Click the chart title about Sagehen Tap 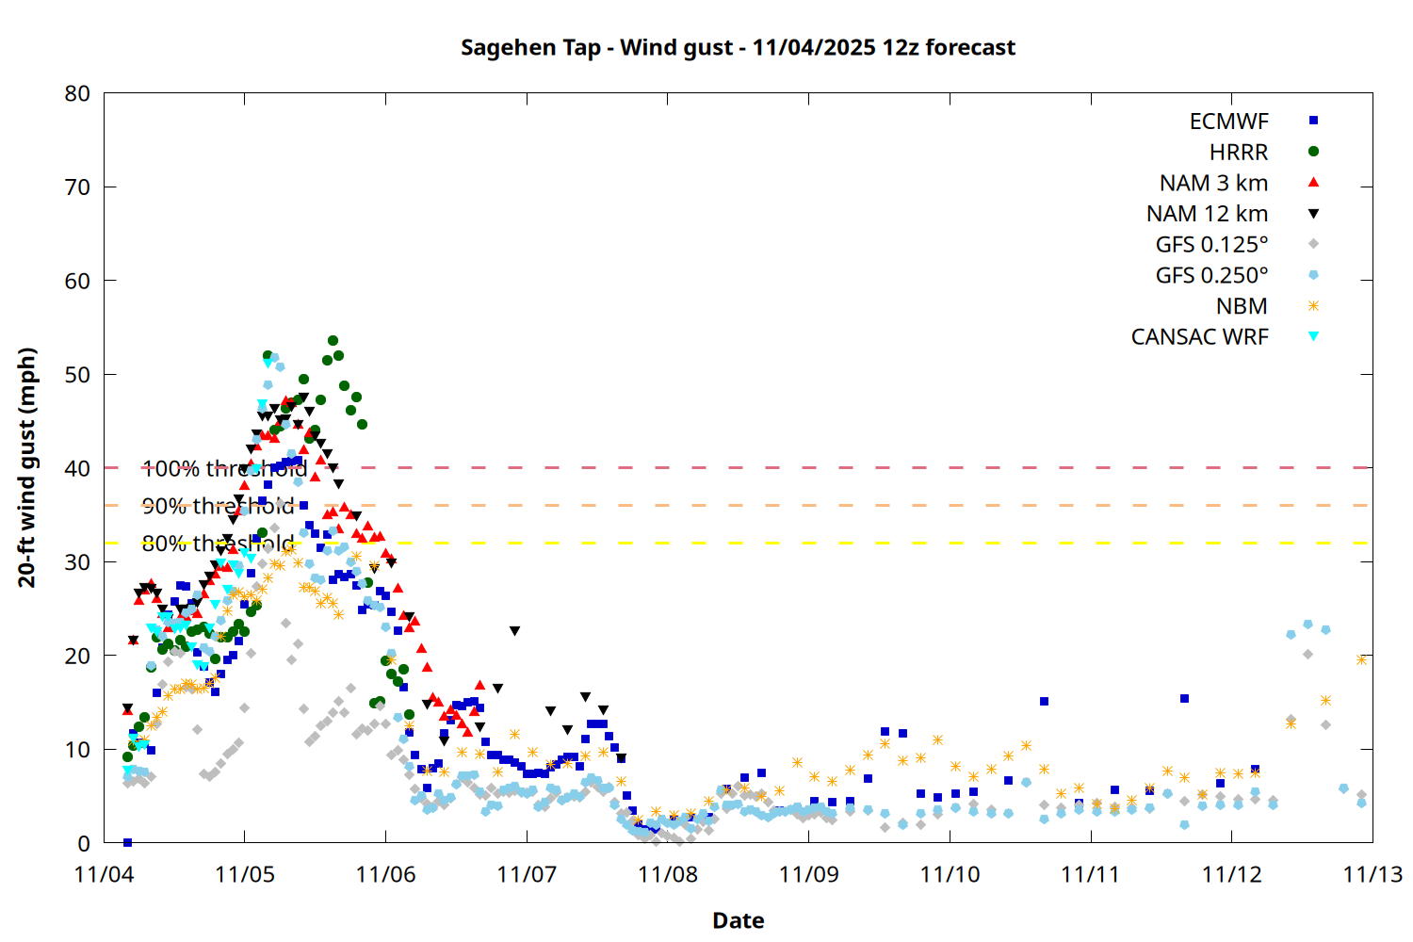pyautogui.click(x=738, y=47)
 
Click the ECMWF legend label pyautogui.click(x=1228, y=122)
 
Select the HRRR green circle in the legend pyautogui.click(x=1313, y=152)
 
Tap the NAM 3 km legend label pyautogui.click(x=1213, y=183)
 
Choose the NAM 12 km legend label pyautogui.click(x=1207, y=214)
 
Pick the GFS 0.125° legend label pyautogui.click(x=1211, y=245)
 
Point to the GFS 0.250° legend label pyautogui.click(x=1211, y=276)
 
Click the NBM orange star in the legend pyautogui.click(x=1313, y=306)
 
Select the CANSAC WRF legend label pyautogui.click(x=1199, y=337)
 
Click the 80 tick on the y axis pyautogui.click(x=77, y=93)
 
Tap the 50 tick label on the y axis pyautogui.click(x=77, y=375)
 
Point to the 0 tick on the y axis pyautogui.click(x=84, y=843)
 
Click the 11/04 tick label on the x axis pyautogui.click(x=104, y=874)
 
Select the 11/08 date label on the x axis pyautogui.click(x=668, y=874)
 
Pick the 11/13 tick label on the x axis pyautogui.click(x=1372, y=874)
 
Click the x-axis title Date pyautogui.click(x=738, y=920)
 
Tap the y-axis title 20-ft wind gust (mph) pyautogui.click(x=27, y=467)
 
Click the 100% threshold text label pyautogui.click(x=224, y=468)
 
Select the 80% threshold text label pyautogui.click(x=218, y=544)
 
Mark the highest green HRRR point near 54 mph pyautogui.click(x=333, y=341)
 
